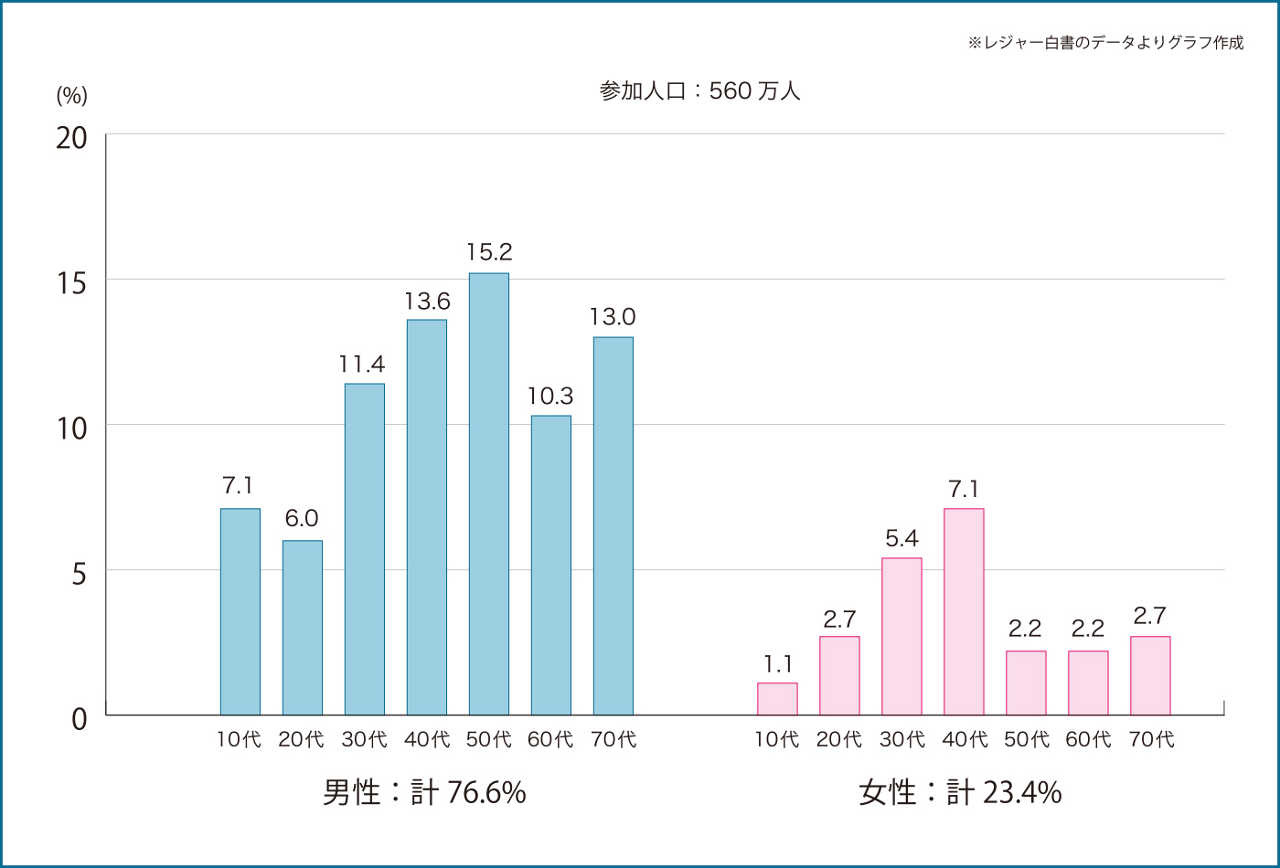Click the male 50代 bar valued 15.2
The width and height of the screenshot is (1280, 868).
tap(488, 493)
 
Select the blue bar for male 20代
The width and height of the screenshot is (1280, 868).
tap(302, 628)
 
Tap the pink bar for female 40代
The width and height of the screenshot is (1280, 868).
tap(964, 611)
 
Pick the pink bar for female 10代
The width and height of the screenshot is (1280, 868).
tap(777, 699)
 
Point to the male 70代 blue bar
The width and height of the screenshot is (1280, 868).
tap(613, 525)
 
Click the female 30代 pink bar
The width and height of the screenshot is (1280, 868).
tap(901, 636)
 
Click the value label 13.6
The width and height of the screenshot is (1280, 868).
tap(427, 301)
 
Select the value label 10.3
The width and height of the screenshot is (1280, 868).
tap(550, 396)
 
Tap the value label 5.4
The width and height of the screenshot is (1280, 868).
tap(901, 538)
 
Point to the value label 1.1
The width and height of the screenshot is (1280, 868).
tap(777, 663)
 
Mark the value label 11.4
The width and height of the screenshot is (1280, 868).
tap(362, 365)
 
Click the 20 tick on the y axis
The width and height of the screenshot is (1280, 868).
tap(71, 138)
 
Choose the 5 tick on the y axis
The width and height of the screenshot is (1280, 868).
tap(79, 574)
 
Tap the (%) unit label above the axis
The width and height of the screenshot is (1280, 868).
tap(71, 95)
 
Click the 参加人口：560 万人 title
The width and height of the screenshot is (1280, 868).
tap(699, 90)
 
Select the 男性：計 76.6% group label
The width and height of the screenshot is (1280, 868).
tap(424, 792)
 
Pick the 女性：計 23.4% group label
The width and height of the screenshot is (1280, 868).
tap(960, 792)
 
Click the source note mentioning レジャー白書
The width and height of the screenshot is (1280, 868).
tap(1105, 43)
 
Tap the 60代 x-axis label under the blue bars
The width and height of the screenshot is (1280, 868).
tap(550, 739)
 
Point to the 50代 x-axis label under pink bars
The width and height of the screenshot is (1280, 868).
tap(1026, 739)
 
